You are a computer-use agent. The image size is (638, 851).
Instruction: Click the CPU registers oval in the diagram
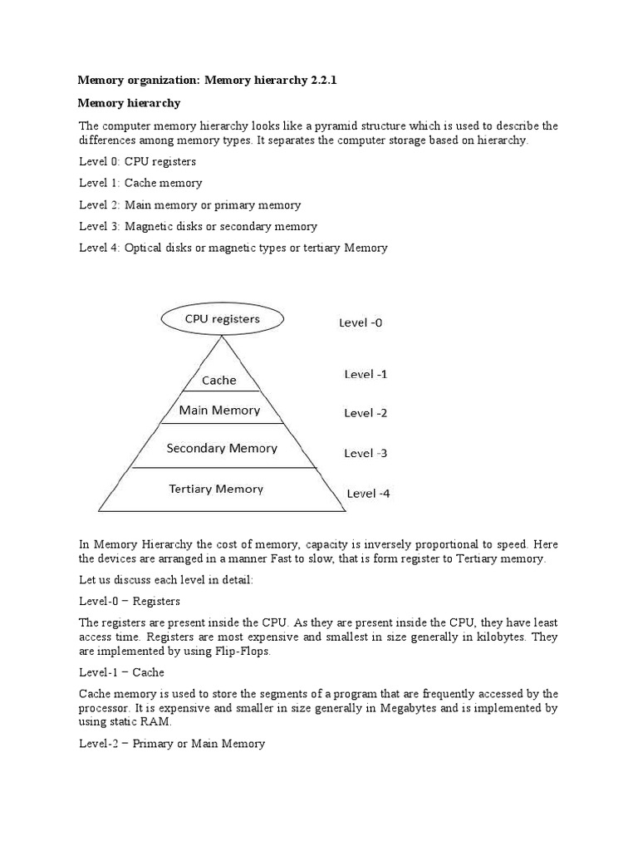pyautogui.click(x=221, y=319)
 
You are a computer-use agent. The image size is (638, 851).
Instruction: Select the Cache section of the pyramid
pyautogui.click(x=219, y=380)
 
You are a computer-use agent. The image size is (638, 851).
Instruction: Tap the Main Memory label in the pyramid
pyautogui.click(x=219, y=410)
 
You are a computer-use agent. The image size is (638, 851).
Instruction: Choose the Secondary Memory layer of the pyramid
pyautogui.click(x=222, y=448)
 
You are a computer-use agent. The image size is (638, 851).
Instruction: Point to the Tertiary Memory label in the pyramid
pyautogui.click(x=216, y=489)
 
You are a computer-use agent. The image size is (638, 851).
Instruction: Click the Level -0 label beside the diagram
pyautogui.click(x=361, y=322)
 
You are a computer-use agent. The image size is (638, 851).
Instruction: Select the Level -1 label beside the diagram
pyautogui.click(x=366, y=374)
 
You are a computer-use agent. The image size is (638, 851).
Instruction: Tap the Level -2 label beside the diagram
pyautogui.click(x=366, y=413)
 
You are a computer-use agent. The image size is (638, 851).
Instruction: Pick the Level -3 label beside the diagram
pyautogui.click(x=366, y=453)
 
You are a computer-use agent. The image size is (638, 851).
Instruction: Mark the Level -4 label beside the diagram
pyautogui.click(x=368, y=493)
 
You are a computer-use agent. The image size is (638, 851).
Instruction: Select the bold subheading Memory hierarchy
pyautogui.click(x=129, y=103)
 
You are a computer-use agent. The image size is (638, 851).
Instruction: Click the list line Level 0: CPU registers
pyautogui.click(x=137, y=161)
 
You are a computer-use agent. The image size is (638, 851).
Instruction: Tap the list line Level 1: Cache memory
pyautogui.click(x=140, y=183)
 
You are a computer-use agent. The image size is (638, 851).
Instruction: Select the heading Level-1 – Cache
pyautogui.click(x=121, y=672)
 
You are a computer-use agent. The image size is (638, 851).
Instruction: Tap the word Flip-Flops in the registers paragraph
pyautogui.click(x=242, y=652)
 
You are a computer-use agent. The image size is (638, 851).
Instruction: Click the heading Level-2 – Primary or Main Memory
pyautogui.click(x=172, y=744)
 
